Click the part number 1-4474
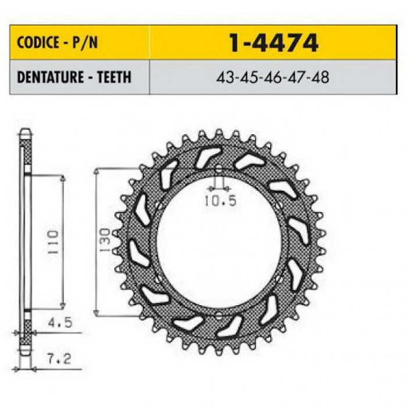click(x=274, y=43)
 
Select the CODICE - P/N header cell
click(x=80, y=42)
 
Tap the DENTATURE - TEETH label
click(x=74, y=77)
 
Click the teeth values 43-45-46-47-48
click(x=273, y=77)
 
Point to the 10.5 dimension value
click(x=220, y=201)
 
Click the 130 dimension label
click(x=105, y=240)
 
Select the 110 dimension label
click(x=53, y=242)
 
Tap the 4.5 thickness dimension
click(x=60, y=323)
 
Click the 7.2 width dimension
click(x=59, y=359)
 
